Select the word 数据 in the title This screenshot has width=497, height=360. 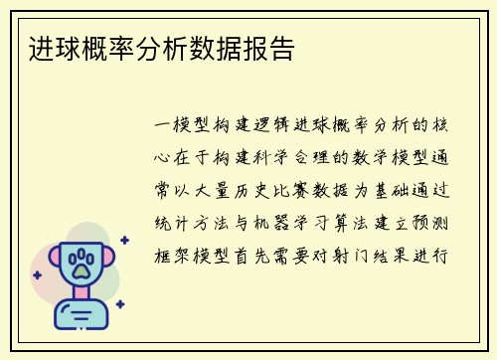(218, 48)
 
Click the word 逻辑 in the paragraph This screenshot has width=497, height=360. (275, 126)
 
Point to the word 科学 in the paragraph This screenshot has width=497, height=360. (275, 157)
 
